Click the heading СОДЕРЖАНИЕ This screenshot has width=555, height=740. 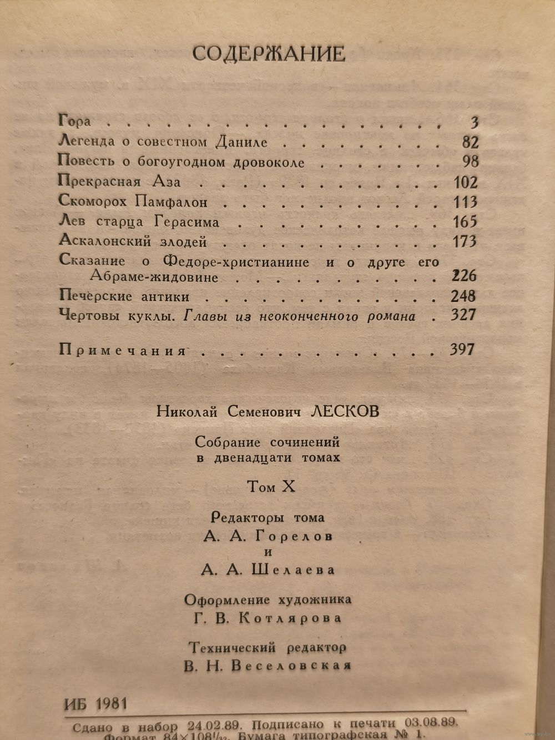click(268, 54)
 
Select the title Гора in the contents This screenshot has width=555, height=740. click(74, 121)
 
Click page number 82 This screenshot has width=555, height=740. click(470, 143)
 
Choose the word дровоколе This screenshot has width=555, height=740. click(270, 163)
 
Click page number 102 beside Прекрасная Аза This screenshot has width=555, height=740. click(465, 182)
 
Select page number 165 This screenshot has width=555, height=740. click(465, 222)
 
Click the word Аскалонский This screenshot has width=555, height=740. click(98, 242)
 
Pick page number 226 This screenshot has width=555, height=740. click(464, 276)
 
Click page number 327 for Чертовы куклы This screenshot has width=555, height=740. click(464, 315)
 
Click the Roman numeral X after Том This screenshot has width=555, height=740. click(289, 487)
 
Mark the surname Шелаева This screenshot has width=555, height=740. click(294, 570)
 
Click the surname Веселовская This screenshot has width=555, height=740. click(291, 666)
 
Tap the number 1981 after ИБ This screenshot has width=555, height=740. click(112, 704)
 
